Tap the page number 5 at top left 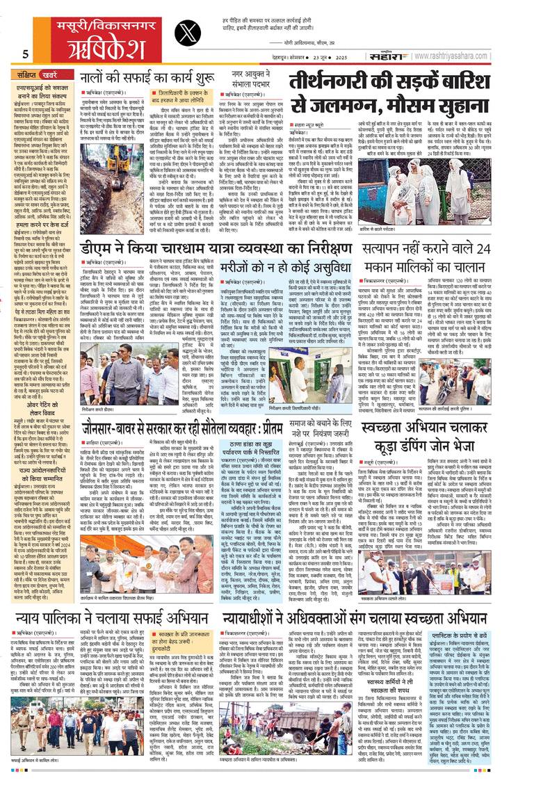(25, 55)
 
